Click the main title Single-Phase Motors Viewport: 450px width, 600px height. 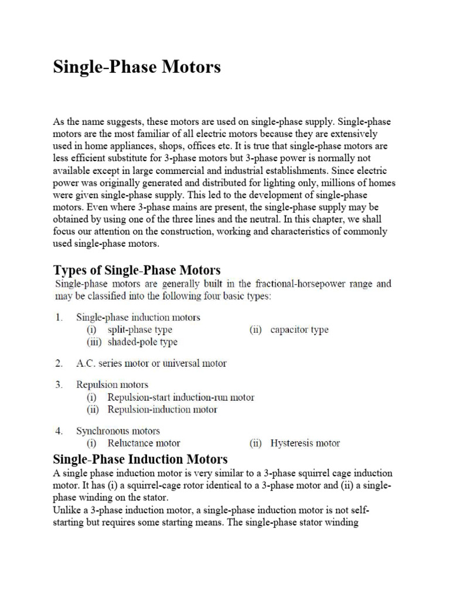(137, 67)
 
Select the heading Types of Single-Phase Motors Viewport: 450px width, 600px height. (137, 270)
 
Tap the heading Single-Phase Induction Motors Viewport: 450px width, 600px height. (140, 459)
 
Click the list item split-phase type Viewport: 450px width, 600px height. (139, 330)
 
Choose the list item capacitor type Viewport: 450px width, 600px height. (299, 330)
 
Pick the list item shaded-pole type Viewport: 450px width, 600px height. (142, 342)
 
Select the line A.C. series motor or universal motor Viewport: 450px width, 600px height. (151, 363)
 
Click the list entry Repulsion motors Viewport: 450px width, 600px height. (112, 385)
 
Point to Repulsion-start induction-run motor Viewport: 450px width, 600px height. (180, 397)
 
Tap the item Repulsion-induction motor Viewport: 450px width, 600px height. (162, 409)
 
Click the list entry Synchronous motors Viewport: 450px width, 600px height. (118, 431)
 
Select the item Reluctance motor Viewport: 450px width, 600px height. (144, 443)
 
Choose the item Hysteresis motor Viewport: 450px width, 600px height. (305, 443)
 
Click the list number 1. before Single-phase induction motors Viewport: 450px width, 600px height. (59, 318)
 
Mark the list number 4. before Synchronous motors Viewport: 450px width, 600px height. (59, 431)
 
